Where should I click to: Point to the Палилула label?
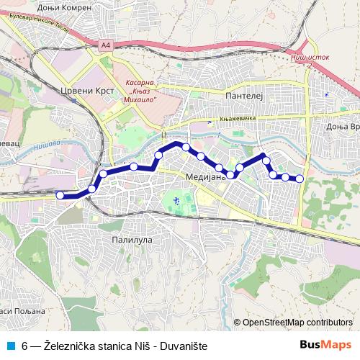pyautogui.click(x=130, y=238)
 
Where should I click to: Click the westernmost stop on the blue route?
pyautogui.click(x=60, y=195)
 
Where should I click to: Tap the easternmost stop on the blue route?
pyautogui.click(x=300, y=179)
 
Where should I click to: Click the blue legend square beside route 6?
pyautogui.click(x=10, y=346)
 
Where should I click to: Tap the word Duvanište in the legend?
pyautogui.click(x=183, y=346)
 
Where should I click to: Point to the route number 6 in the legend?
pyautogui.click(x=25, y=346)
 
